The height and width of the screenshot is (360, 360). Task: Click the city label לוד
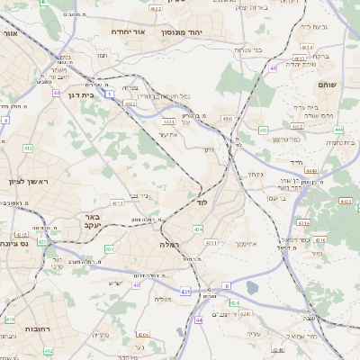tap(202, 203)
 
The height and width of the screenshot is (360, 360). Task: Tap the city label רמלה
tap(170, 244)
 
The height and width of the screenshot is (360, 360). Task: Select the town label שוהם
tap(327, 84)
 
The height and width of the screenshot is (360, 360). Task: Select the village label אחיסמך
tap(246, 244)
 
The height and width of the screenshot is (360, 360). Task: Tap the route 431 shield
tap(185, 292)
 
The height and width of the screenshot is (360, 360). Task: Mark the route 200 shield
tap(110, 248)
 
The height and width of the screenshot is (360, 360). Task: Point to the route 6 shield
tap(228, 285)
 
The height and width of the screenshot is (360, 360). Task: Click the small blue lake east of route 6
tap(252, 288)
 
